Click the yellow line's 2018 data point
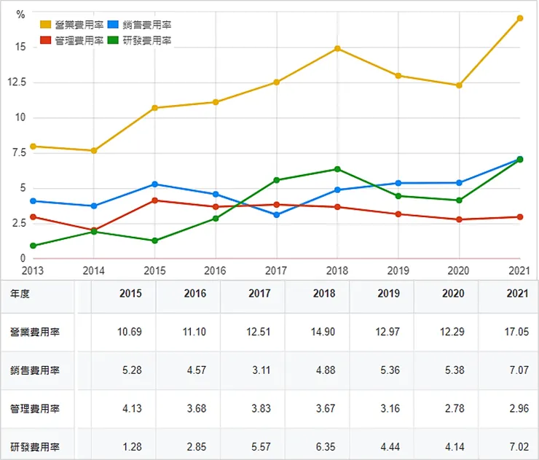click(x=337, y=49)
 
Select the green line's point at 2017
click(x=276, y=180)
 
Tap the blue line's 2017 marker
click(x=276, y=215)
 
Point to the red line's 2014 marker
click(x=93, y=230)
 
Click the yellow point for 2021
click(x=520, y=18)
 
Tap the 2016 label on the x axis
click(x=216, y=271)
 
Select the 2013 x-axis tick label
click(x=33, y=271)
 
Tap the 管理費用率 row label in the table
click(x=35, y=408)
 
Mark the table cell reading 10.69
click(x=130, y=332)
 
